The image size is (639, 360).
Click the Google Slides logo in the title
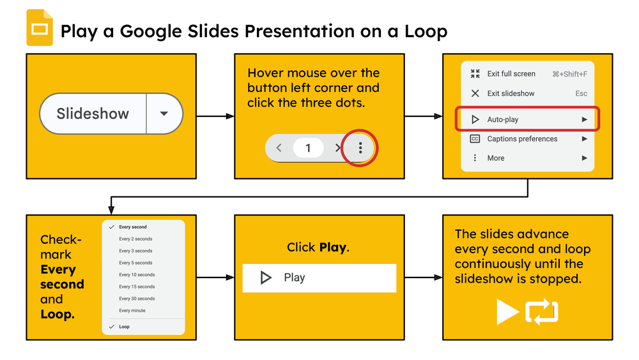coord(39,28)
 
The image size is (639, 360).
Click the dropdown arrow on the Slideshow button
coord(164,114)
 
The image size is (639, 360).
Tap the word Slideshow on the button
coord(93,114)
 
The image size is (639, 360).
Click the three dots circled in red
coord(360,148)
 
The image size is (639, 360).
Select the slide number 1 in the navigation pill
coord(308,148)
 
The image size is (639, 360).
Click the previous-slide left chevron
coord(279,148)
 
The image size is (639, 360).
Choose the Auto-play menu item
coord(503,120)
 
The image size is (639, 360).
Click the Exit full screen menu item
coord(511,74)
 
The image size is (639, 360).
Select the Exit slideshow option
coord(511,93)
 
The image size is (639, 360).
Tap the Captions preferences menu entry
coord(522,139)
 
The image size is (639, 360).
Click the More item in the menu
coord(496,158)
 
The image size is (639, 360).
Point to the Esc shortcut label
coord(581,93)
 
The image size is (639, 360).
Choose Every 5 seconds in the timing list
coord(135,263)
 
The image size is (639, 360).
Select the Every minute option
coord(132,311)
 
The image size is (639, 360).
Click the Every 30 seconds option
coord(137,299)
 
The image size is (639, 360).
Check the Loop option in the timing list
coord(124,327)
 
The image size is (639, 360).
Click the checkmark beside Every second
coord(112,227)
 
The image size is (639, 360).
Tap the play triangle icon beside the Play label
coord(266,278)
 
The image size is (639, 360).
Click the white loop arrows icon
coord(541,312)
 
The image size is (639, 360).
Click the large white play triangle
coord(507,312)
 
